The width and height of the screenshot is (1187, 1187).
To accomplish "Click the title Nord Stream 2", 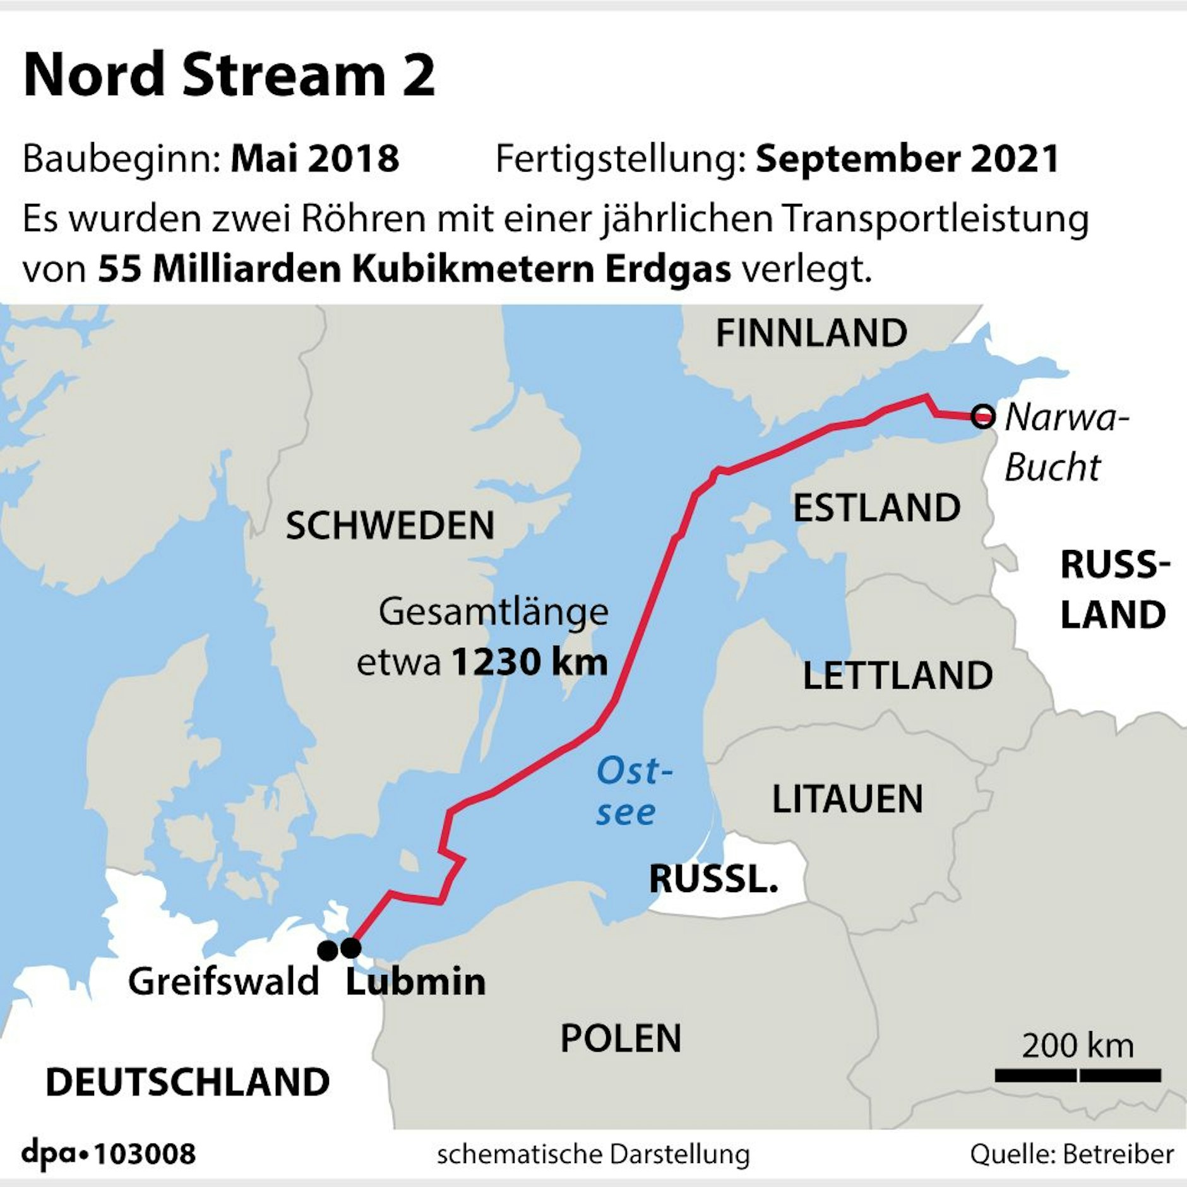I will [x=229, y=75].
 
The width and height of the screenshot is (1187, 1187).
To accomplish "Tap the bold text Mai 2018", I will [x=314, y=158].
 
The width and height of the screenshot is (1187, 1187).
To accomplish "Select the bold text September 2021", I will [x=907, y=158].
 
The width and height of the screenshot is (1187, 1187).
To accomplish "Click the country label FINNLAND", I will [x=811, y=333].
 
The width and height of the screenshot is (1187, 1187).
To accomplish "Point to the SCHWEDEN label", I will [x=390, y=526].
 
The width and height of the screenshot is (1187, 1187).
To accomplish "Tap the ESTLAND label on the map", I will [x=876, y=508].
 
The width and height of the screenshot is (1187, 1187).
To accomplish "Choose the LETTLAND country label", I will [x=897, y=676].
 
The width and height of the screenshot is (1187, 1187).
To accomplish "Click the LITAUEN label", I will [x=847, y=799].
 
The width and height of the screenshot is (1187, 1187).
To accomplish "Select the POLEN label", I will [x=621, y=1038].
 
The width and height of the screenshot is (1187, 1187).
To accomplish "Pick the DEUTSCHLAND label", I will [x=188, y=1082].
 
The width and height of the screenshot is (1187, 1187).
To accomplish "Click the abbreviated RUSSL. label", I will [x=713, y=878].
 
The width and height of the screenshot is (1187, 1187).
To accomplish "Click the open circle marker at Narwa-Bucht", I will [x=982, y=417].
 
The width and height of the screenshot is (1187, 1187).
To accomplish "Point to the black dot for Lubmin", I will [x=350, y=948].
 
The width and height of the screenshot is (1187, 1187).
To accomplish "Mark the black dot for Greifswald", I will [x=328, y=950].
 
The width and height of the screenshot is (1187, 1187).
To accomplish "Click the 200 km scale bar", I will [x=1078, y=1075].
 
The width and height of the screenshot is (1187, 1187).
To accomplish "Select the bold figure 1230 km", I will [x=529, y=662].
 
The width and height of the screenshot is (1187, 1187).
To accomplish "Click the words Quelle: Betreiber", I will [x=1071, y=1154].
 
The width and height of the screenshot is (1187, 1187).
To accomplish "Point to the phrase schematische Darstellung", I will [x=593, y=1154].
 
